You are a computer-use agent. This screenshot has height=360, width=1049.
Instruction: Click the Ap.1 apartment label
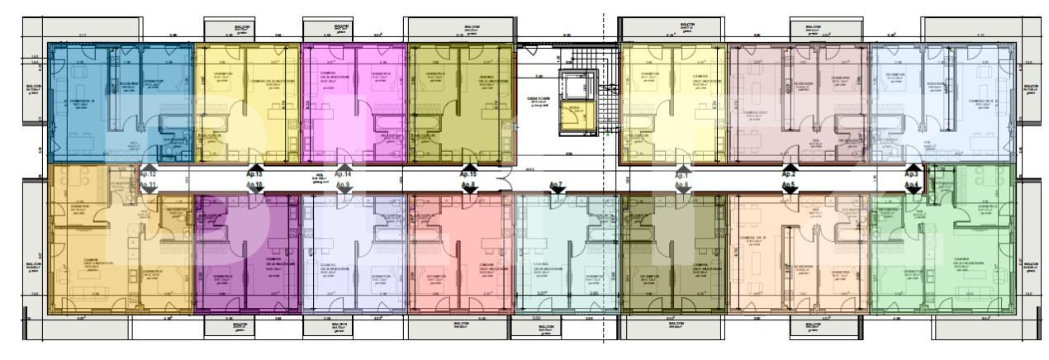(681, 175)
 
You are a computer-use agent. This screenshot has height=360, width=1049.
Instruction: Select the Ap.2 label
(789, 175)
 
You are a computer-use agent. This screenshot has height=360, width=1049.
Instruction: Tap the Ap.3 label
(912, 175)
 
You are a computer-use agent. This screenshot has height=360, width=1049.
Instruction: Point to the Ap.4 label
(912, 187)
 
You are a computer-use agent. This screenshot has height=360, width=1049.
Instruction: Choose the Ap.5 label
(789, 187)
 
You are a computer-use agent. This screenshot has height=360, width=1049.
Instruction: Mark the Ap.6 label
(681, 187)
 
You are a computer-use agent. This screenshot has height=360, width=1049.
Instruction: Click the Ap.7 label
(555, 184)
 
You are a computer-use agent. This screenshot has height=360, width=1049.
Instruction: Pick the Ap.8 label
(468, 187)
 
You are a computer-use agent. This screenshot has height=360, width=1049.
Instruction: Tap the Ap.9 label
(344, 187)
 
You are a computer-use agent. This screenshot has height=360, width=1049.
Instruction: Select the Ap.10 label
(254, 187)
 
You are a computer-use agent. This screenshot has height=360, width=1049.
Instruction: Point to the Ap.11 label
(148, 187)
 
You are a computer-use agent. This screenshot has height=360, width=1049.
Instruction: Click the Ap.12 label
(148, 175)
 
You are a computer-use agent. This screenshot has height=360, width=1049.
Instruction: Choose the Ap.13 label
(254, 175)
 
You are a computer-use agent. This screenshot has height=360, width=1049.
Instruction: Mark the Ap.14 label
(344, 175)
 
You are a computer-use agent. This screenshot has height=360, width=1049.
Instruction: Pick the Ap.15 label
(468, 175)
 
